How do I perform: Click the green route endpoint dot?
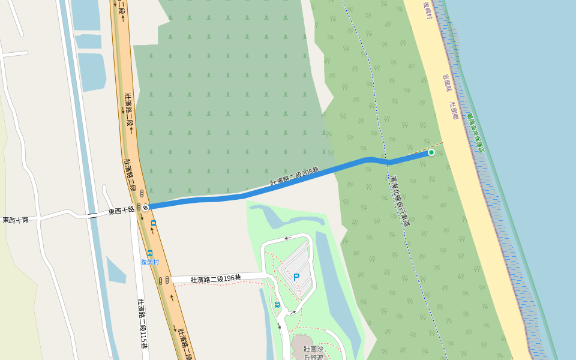[431, 153]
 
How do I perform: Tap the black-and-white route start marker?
[146, 207]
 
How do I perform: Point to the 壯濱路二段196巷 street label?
[215, 279]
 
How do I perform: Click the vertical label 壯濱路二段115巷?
[143, 324]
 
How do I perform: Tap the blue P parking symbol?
[296, 277]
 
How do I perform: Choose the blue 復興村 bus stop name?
[149, 262]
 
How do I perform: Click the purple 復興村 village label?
[428, 10]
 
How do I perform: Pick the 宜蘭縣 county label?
[446, 83]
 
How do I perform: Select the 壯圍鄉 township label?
[454, 110]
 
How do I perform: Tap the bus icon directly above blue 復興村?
[149, 253]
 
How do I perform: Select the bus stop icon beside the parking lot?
[277, 305]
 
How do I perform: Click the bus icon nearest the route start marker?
[154, 223]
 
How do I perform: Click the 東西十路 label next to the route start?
[121, 211]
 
